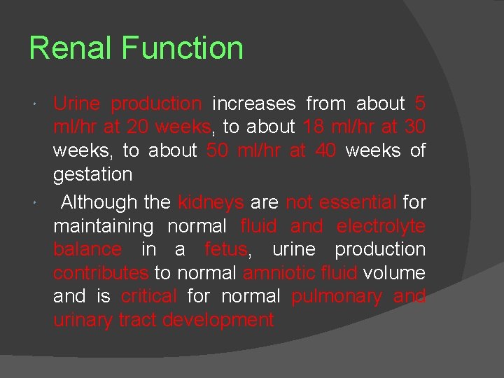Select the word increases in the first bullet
point(253,104)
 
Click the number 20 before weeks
point(136,127)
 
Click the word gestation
point(92,174)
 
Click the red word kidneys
point(211,202)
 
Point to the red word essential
point(358,202)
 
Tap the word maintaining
point(103,226)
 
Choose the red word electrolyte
point(381,226)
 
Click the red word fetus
point(225,249)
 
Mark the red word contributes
point(101,272)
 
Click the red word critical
point(148,296)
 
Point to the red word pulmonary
point(337,296)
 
